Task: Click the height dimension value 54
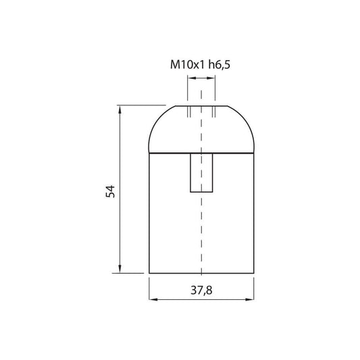click(x=110, y=191)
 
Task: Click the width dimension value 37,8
click(x=201, y=290)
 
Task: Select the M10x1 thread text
click(x=187, y=65)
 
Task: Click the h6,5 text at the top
click(x=220, y=65)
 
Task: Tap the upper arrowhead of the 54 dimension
click(x=120, y=109)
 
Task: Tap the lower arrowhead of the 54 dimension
click(x=120, y=269)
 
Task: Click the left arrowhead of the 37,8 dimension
click(x=153, y=299)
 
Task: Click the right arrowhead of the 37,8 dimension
click(x=249, y=299)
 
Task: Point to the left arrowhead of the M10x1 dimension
click(x=192, y=78)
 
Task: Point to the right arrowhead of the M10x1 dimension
click(x=211, y=78)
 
